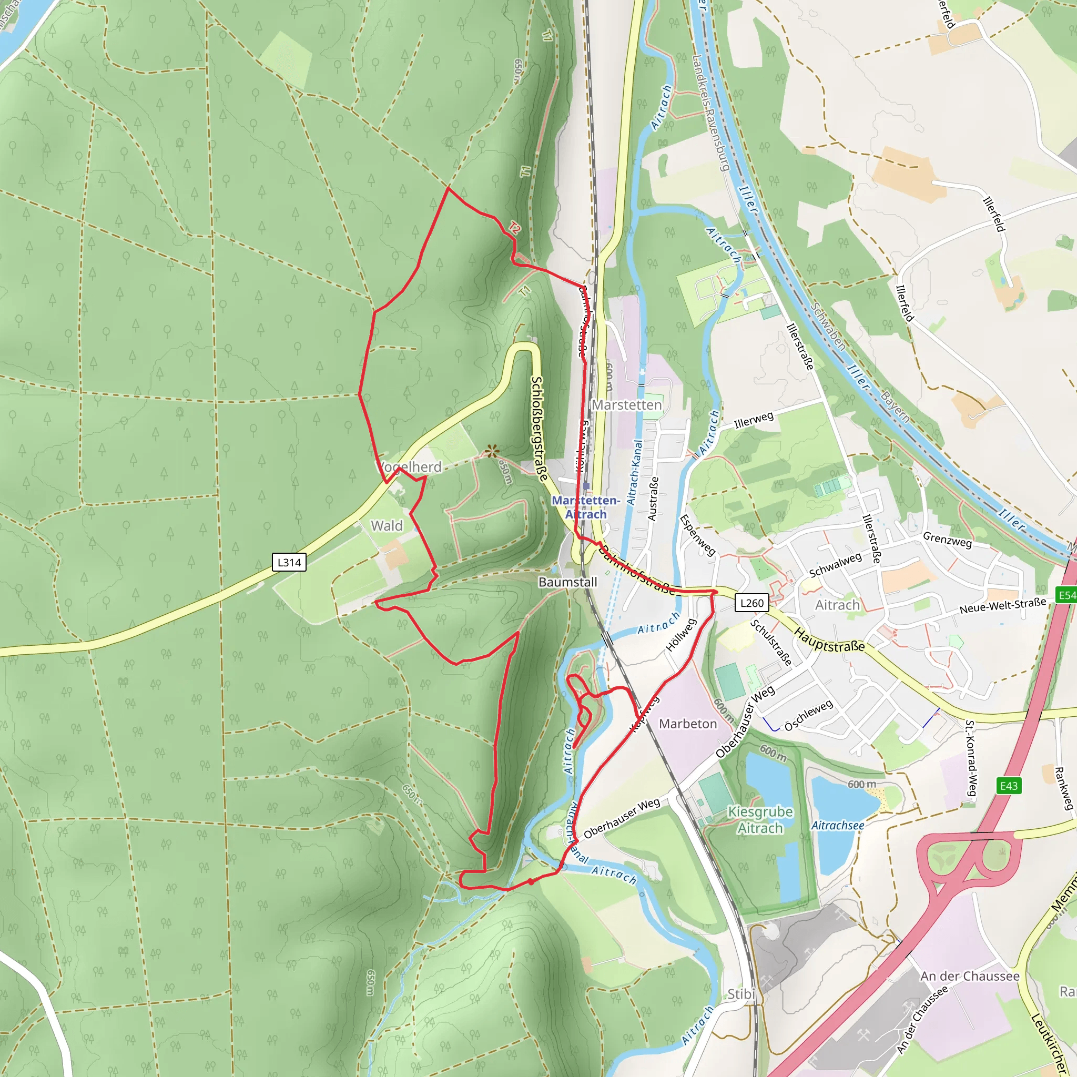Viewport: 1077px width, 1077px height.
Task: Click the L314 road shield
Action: tap(289, 562)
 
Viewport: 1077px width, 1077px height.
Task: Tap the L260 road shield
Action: tap(751, 603)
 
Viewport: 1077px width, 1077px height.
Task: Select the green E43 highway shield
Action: tap(1009, 786)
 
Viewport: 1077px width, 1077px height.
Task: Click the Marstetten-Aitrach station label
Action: tap(585, 507)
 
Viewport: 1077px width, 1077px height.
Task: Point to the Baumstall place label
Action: tap(567, 582)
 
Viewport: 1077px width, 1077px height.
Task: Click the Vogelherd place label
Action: tap(410, 466)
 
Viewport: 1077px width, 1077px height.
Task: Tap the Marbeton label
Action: tap(688, 724)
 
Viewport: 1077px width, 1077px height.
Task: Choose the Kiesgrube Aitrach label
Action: tap(760, 819)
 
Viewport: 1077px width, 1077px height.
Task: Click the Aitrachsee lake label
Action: tap(837, 825)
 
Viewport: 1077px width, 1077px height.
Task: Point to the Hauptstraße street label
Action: tap(829, 639)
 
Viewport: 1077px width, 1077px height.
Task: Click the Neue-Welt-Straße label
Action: tap(1002, 605)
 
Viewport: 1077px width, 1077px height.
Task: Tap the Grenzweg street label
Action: tap(947, 540)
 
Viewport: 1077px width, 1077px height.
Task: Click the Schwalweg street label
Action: tap(835, 565)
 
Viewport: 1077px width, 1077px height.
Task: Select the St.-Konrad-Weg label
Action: tap(971, 758)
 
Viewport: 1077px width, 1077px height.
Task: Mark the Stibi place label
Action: tap(741, 994)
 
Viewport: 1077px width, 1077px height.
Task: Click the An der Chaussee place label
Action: tap(969, 976)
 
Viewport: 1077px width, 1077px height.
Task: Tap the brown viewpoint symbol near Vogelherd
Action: tap(491, 451)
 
